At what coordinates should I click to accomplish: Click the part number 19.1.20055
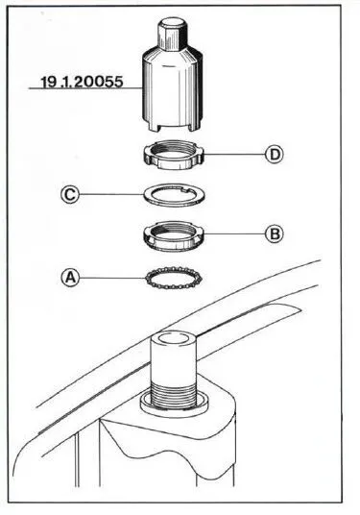(x=82, y=82)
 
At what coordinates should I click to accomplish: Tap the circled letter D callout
(x=274, y=154)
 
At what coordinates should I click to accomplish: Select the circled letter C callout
(x=70, y=194)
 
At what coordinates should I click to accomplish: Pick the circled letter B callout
(x=274, y=233)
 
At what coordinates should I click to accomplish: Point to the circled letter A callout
(x=70, y=278)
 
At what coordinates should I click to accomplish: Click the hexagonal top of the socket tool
(x=173, y=33)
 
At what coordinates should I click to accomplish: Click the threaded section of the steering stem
(x=173, y=394)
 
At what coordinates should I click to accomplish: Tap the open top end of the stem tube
(x=173, y=340)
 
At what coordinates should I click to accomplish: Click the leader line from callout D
(x=234, y=154)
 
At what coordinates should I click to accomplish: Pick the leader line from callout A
(x=112, y=279)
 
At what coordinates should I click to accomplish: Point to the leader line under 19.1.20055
(x=85, y=88)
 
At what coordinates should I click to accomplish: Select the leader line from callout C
(x=112, y=194)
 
